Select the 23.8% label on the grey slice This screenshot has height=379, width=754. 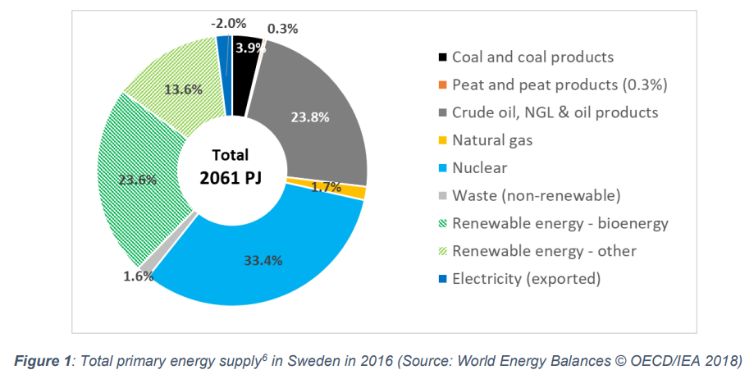pyautogui.click(x=310, y=117)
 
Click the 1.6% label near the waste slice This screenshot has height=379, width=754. pyautogui.click(x=138, y=276)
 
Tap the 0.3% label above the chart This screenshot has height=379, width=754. pyautogui.click(x=283, y=28)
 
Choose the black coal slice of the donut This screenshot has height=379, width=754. pyautogui.click(x=246, y=59)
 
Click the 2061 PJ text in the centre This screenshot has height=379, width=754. pyautogui.click(x=231, y=177)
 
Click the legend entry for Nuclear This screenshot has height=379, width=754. pyautogui.click(x=479, y=167)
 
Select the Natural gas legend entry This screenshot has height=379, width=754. pyautogui.click(x=492, y=140)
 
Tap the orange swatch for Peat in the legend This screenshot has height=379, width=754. pyautogui.click(x=441, y=85)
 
